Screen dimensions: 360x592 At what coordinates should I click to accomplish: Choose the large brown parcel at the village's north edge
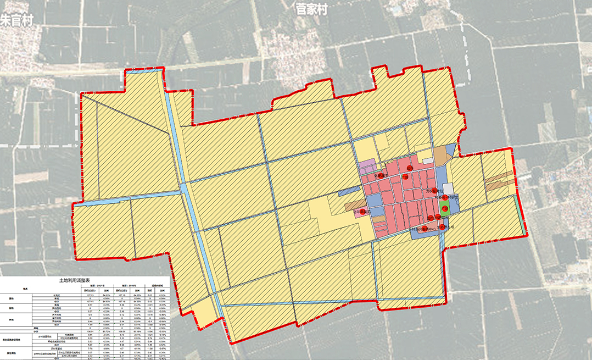pyautogui.click(x=440, y=156)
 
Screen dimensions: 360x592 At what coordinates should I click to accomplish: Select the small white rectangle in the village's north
pyautogui.click(x=428, y=160)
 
